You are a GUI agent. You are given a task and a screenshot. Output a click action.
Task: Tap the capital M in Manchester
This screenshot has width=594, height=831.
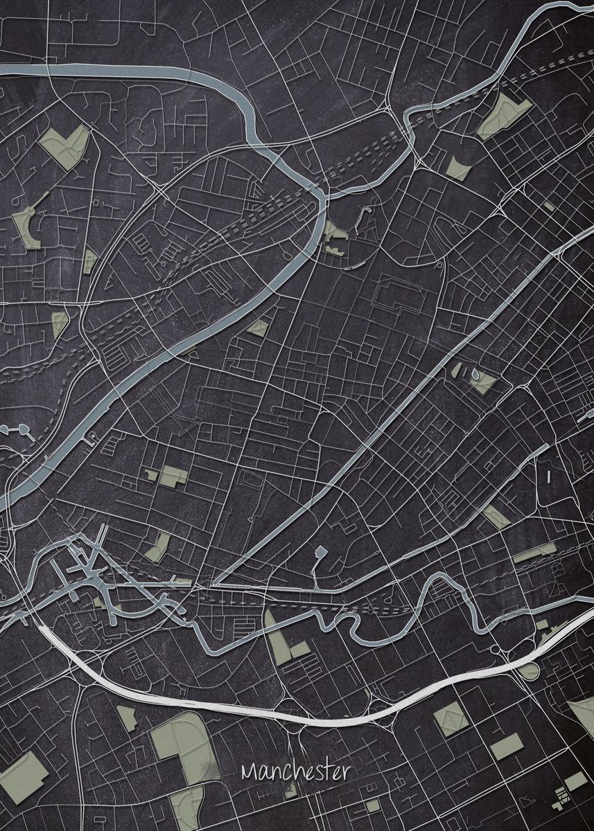click(x=249, y=771)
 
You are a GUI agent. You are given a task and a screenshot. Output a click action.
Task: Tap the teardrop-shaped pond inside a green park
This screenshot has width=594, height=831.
click(x=475, y=374)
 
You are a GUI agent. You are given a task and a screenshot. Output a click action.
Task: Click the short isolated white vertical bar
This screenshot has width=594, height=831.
click(x=548, y=476)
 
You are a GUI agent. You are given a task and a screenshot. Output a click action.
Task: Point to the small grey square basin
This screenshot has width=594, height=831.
click(x=320, y=552)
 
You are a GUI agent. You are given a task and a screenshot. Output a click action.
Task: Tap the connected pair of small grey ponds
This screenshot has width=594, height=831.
click(x=18, y=431)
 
